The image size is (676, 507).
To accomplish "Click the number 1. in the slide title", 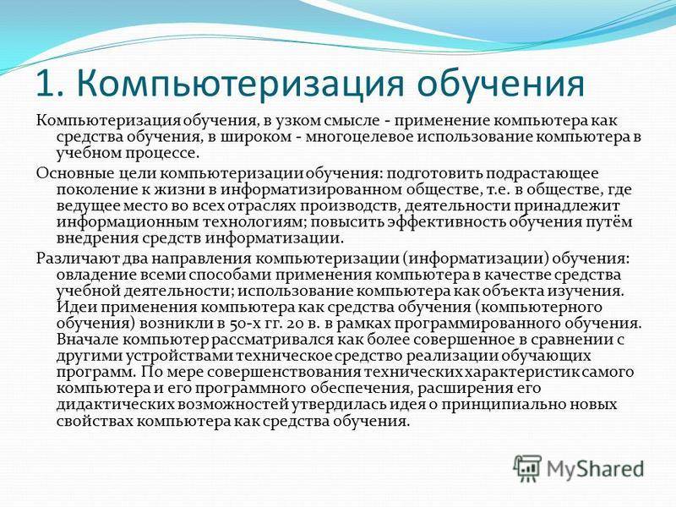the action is pyautogui.click(x=50, y=83).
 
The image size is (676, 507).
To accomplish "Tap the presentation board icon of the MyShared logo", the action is pyautogui.click(x=527, y=468).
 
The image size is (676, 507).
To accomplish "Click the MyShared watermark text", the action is pyautogui.click(x=595, y=469).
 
